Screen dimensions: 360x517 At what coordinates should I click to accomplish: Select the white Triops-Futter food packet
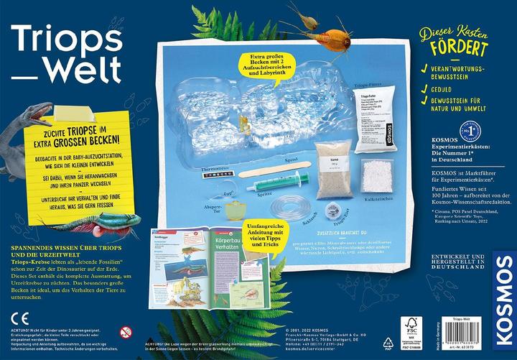click(374, 119)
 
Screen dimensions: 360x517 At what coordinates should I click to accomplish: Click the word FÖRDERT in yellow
click(460, 49)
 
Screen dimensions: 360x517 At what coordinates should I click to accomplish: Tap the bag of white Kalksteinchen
click(377, 176)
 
